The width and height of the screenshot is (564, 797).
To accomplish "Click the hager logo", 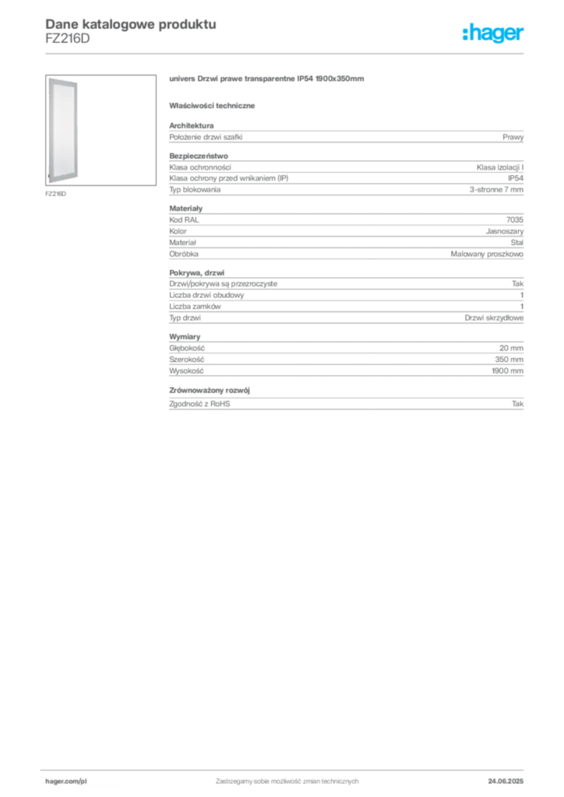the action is tap(493, 33).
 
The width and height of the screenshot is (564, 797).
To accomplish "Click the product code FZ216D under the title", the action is tap(68, 39).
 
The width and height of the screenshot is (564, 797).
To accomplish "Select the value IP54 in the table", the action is tap(515, 178).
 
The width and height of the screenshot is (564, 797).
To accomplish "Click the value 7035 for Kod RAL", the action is tap(515, 219).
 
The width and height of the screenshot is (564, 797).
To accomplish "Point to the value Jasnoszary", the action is tap(505, 231).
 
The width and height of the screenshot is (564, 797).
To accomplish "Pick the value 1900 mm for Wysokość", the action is tap(508, 371).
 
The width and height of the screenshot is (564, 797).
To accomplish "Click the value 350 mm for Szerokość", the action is tap(509, 360).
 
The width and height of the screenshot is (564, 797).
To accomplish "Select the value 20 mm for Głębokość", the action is tap(511, 348).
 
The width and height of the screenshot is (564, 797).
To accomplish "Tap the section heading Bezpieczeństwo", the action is tap(199, 156).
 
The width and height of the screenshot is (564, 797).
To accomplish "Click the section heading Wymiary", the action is tap(185, 336).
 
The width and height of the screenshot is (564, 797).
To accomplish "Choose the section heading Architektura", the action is tap(191, 125).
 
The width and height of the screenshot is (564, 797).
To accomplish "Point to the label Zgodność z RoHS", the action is tap(199, 404).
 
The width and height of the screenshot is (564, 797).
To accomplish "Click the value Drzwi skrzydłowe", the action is tap(494, 318).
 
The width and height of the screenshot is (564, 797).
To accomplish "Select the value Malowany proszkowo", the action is tap(487, 254).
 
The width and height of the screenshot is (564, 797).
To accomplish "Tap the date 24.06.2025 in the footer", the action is tap(506, 781).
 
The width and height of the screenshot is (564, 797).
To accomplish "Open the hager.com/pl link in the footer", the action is tap(66, 781).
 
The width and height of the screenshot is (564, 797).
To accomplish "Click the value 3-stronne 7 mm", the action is tap(496, 190).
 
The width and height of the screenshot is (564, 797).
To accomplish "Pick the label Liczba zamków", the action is tap(195, 307).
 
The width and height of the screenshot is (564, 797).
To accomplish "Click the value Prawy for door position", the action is tap(513, 137).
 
